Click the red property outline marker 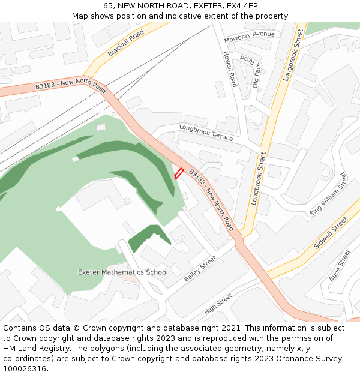pos(178,173)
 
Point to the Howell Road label pos(230,69)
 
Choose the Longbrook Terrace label pos(206,133)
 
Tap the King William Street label pos(328,194)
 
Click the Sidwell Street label pos(331,233)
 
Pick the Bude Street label pos(339,265)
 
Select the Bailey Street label pos(200,269)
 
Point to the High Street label pos(218,304)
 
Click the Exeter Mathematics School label pos(123,272)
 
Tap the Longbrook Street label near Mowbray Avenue pos(292,56)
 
